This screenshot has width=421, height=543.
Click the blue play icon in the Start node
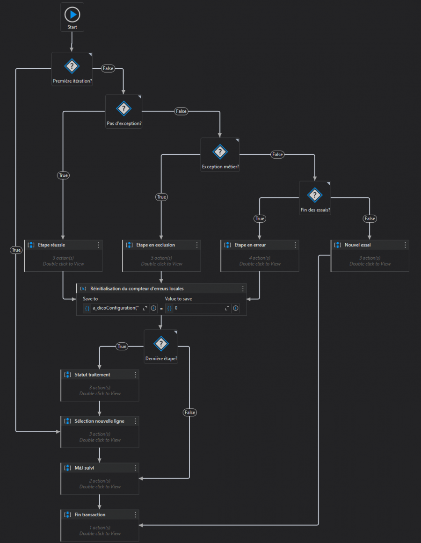pyautogui.click(x=72, y=14)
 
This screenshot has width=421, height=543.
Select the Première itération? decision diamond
pyautogui.click(x=72, y=66)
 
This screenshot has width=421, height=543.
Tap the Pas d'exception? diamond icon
pyautogui.click(x=123, y=109)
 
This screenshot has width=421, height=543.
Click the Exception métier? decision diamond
pyautogui.click(x=220, y=152)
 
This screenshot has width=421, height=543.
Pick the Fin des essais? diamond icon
pyautogui.click(x=315, y=195)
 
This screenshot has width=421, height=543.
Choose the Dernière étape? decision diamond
pyautogui.click(x=161, y=344)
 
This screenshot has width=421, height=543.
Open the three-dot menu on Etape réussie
pyautogui.click(x=99, y=245)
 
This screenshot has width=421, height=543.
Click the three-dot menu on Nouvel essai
pyautogui.click(x=405, y=245)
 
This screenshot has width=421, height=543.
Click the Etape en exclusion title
pyautogui.click(x=155, y=245)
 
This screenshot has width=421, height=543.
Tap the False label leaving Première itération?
pyautogui.click(x=108, y=68)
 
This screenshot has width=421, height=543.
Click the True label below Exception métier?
pyautogui.click(x=161, y=197)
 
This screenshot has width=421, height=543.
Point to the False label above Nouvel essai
pyautogui.click(x=370, y=218)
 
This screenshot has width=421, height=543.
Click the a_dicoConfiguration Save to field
pyautogui.click(x=116, y=308)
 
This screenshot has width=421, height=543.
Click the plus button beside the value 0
pyautogui.click(x=235, y=308)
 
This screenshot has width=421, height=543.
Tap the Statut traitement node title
pyautogui.click(x=92, y=375)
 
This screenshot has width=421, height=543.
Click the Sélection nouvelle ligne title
pyautogui.click(x=99, y=421)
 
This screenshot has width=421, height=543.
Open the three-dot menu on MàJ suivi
pyautogui.click(x=135, y=468)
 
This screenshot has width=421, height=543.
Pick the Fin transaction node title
pyautogui.click(x=90, y=514)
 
